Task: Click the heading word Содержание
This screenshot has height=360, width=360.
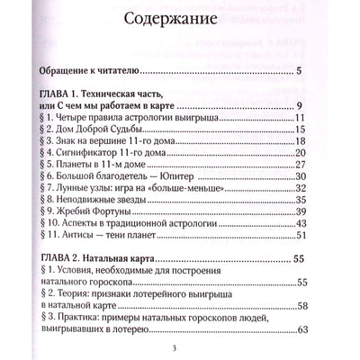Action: point(179,19)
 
